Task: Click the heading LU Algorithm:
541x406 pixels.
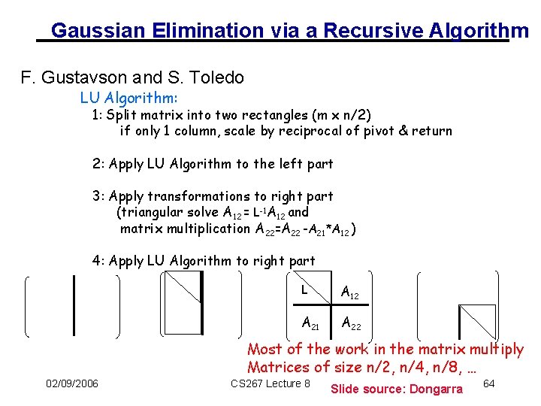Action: point(129,98)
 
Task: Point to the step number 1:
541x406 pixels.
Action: point(97,115)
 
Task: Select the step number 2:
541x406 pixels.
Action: point(98,164)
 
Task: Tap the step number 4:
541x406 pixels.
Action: point(98,261)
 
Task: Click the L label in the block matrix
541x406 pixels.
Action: point(304,289)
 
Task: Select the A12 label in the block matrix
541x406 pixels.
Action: point(350,293)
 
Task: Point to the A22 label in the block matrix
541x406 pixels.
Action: point(350,324)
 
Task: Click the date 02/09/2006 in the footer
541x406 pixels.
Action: point(72,384)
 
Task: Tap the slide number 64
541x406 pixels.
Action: point(488,384)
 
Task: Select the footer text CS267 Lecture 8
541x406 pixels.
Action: point(270,384)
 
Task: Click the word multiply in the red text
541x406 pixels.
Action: point(496,350)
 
